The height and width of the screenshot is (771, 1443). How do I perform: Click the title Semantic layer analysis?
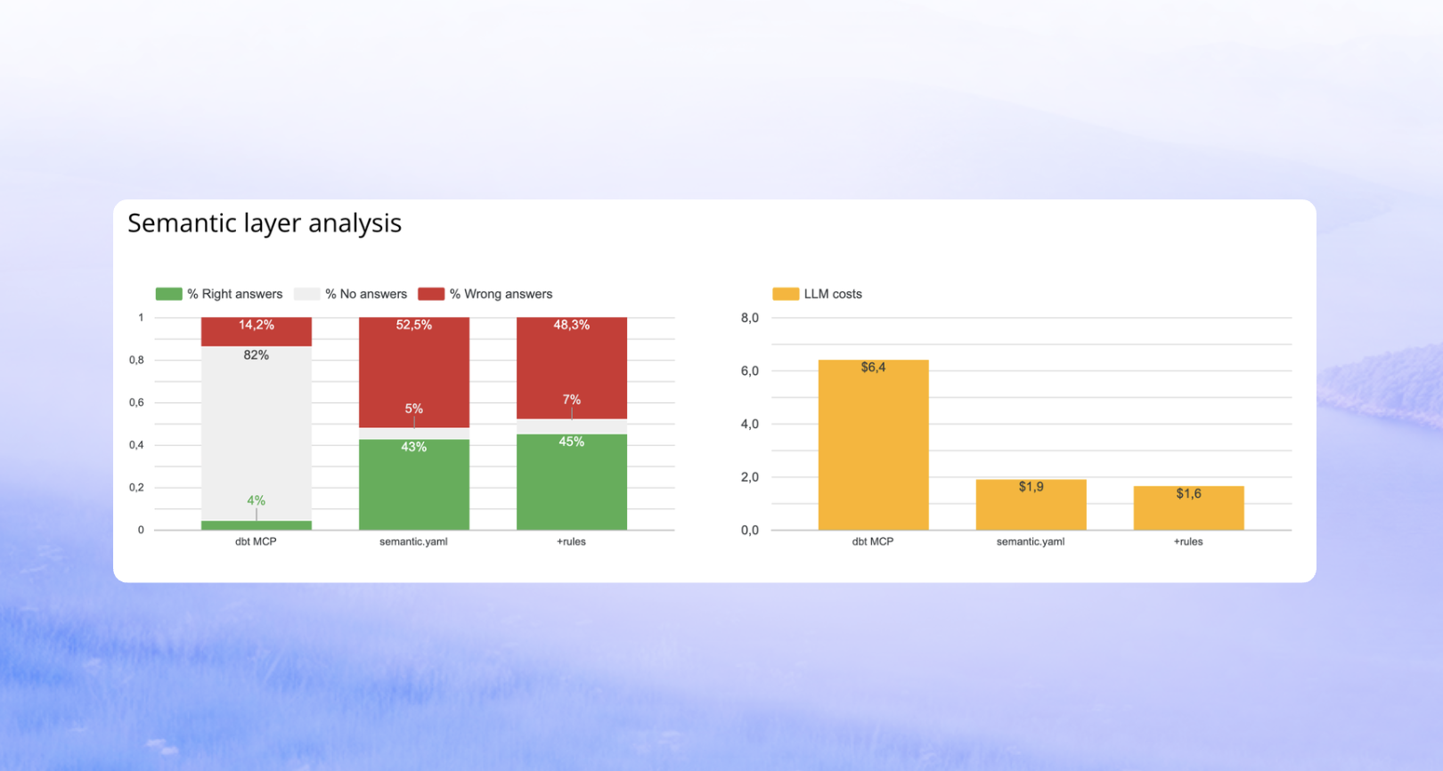click(x=265, y=223)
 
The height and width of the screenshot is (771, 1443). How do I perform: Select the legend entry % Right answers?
click(x=219, y=294)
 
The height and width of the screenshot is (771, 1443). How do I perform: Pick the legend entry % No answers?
click(x=351, y=294)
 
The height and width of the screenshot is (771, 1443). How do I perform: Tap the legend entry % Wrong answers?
click(x=485, y=294)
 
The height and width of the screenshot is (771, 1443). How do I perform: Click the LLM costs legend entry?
click(x=818, y=294)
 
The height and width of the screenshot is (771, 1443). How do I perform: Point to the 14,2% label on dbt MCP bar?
click(x=257, y=325)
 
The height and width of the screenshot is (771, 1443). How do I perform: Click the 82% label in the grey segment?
click(x=257, y=355)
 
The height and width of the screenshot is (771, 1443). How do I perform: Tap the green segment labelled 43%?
click(x=414, y=485)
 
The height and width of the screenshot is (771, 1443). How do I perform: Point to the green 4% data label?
click(x=257, y=500)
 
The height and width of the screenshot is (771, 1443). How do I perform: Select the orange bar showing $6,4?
click(x=873, y=445)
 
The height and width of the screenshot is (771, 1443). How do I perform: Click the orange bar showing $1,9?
click(x=1031, y=506)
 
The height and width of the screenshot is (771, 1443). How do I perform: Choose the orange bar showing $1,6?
click(x=1188, y=509)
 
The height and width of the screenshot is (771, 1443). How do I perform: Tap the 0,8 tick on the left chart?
click(x=136, y=360)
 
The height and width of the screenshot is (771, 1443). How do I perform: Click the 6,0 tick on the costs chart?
click(x=750, y=370)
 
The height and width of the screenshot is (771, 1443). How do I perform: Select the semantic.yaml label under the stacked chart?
click(x=413, y=541)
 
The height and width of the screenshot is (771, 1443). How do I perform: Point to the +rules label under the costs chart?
click(x=1188, y=541)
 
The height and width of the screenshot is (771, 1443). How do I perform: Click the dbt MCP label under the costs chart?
click(x=873, y=541)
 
